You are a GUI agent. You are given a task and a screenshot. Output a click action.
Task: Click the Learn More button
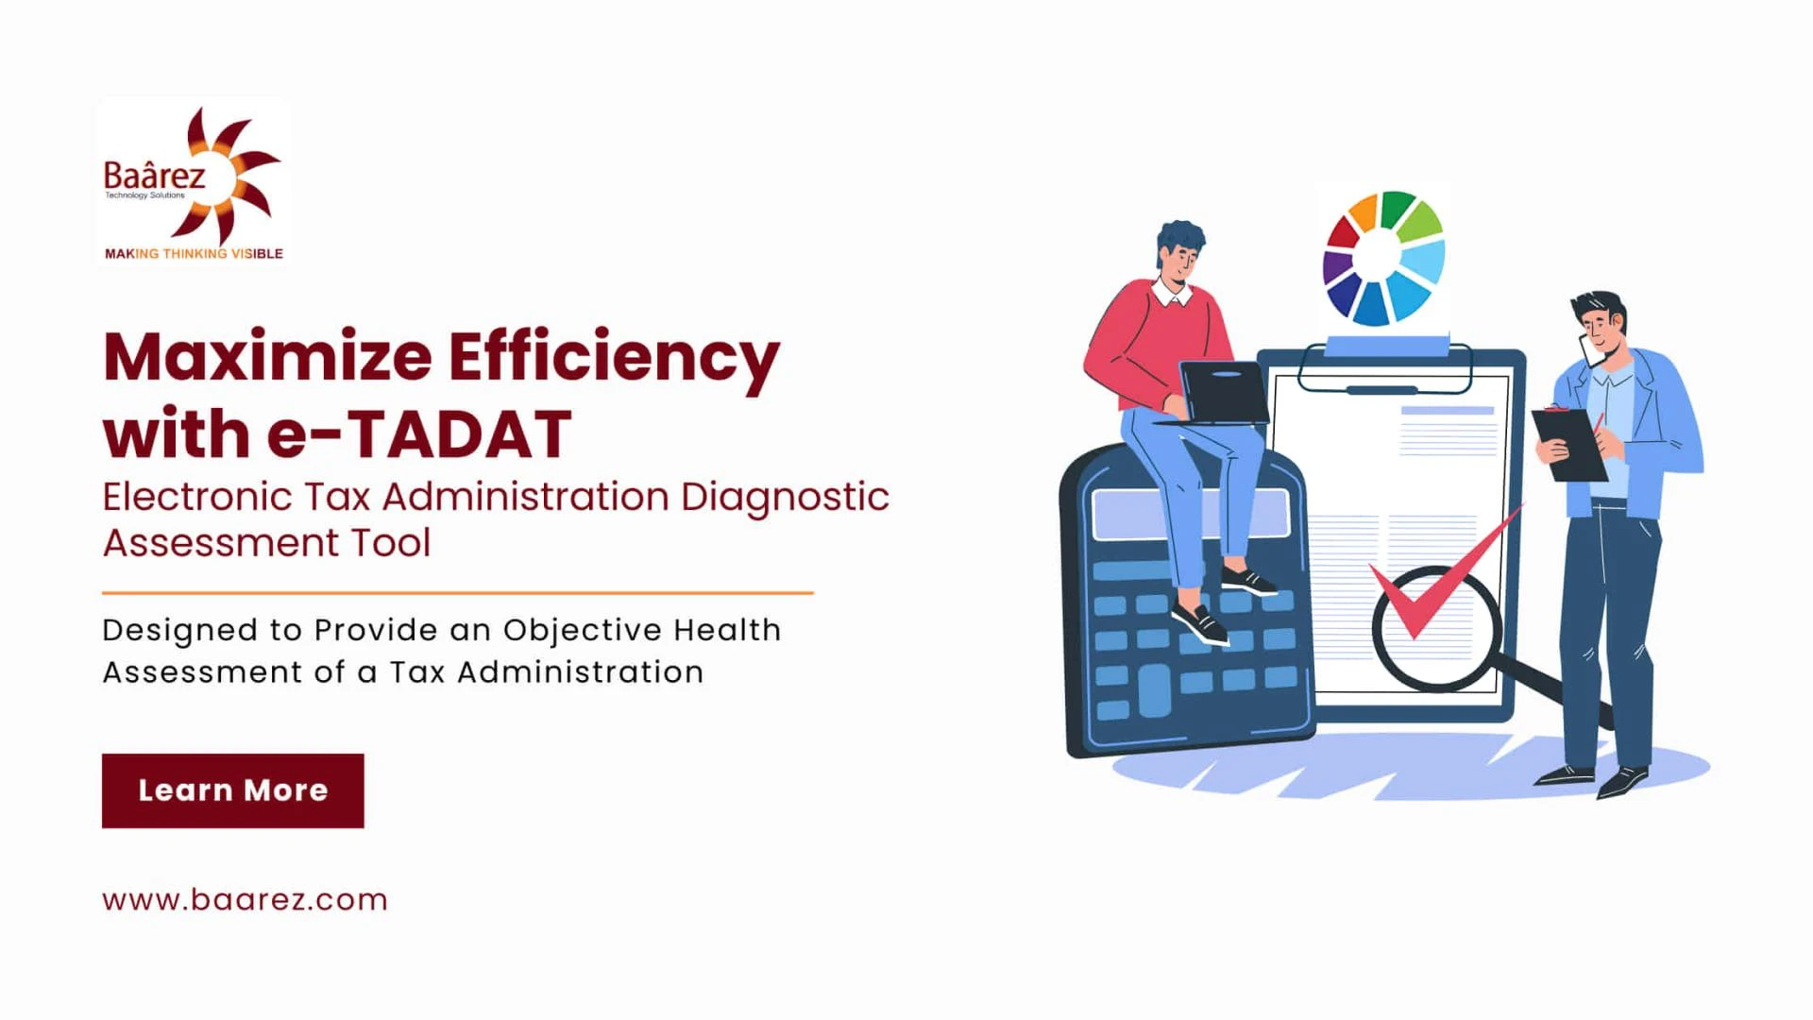[232, 790]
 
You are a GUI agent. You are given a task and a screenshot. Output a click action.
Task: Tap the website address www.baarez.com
[245, 899]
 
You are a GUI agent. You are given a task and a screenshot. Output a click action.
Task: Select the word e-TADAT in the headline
[419, 434]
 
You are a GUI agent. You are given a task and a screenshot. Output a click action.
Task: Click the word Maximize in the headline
[267, 357]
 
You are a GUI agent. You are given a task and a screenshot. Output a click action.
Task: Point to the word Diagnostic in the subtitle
[785, 498]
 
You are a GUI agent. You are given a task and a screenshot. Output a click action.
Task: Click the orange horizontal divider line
[458, 593]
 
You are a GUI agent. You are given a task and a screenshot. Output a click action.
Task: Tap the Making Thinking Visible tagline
[194, 253]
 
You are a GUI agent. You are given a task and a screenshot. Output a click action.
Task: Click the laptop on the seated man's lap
[1222, 393]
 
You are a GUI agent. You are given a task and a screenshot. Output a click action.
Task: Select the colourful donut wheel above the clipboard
[1383, 257]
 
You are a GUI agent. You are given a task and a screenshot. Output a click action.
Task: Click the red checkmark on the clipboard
[1445, 571]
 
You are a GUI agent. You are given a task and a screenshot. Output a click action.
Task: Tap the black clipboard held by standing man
[1567, 444]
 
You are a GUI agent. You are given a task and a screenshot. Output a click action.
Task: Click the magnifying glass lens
[1436, 628]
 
